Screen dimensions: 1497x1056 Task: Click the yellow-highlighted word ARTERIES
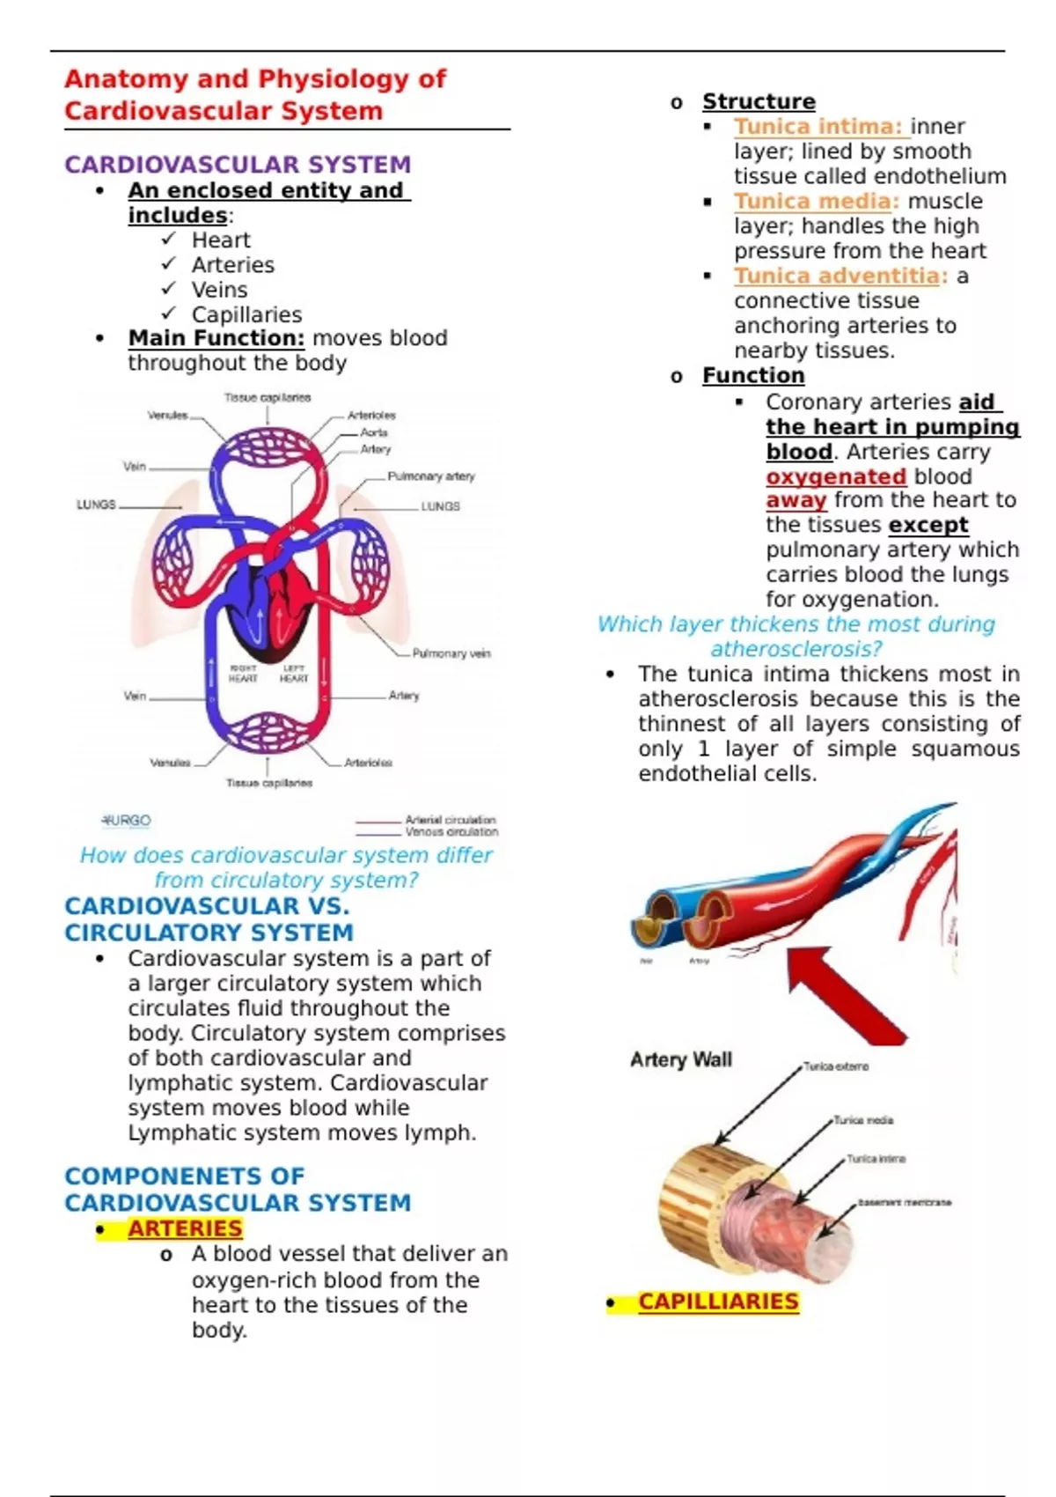185,1228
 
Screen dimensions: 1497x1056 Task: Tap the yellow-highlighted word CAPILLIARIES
718,1302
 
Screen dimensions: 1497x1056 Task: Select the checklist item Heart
221,240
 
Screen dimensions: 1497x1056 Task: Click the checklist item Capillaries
246,314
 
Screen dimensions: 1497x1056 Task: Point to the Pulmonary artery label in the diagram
430,476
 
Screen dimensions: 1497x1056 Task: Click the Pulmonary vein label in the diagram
451,653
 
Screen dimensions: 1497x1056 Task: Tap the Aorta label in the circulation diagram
374,432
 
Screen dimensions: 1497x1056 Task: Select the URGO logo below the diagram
127,821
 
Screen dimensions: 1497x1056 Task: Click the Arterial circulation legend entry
450,820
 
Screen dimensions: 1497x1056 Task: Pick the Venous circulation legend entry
451,831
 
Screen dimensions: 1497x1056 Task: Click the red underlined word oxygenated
835,476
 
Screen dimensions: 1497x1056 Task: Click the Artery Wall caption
681,1059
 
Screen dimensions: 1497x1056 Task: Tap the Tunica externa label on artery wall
835,1066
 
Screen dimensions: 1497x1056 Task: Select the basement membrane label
904,1202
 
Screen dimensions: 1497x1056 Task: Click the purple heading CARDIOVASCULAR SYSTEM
238,165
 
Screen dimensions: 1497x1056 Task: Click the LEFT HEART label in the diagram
294,675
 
